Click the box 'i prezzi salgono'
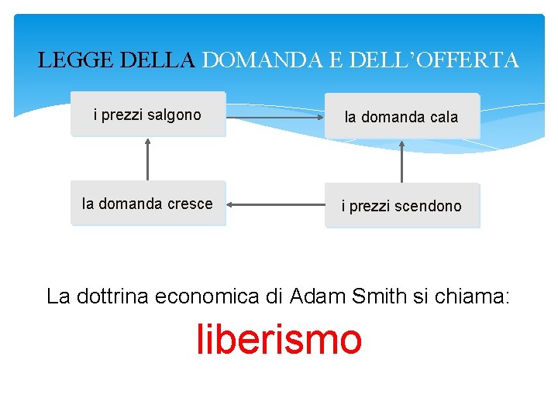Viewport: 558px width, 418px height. tap(148, 115)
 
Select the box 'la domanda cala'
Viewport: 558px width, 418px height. tap(401, 117)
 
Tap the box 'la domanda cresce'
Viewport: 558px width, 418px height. tap(148, 204)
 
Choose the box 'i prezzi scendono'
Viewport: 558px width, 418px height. tap(401, 206)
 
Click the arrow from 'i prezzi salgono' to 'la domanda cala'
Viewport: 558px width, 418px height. tap(275, 118)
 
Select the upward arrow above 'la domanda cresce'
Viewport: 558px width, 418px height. tap(147, 158)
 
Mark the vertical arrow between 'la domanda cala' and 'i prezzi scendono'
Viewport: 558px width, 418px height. tap(401, 161)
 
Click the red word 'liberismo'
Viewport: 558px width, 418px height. tap(279, 340)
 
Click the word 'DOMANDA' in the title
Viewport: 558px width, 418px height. tap(261, 60)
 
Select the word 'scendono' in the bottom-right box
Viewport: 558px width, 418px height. tap(428, 206)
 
